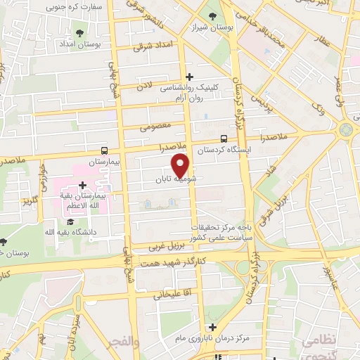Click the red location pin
181,165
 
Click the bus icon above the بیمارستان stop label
104,150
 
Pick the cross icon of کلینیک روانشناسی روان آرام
189,77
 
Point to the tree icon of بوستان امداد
77,32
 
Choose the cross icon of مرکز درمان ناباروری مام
213,327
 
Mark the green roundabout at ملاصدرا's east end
345,130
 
